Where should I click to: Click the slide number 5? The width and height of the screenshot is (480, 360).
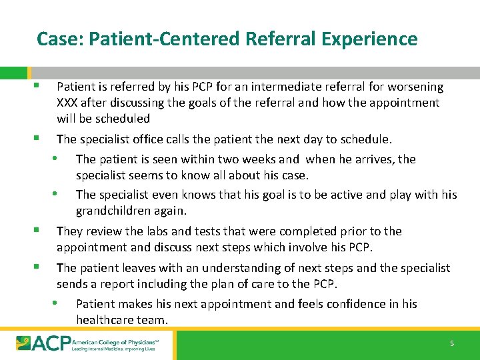coord(451,343)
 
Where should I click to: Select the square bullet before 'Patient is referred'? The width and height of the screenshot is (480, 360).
coord(41,86)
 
